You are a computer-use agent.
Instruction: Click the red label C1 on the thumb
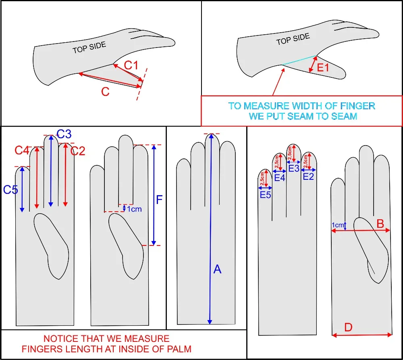click(x=131, y=65)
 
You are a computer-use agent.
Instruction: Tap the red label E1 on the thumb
click(x=323, y=68)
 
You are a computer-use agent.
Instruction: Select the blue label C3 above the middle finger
click(x=64, y=134)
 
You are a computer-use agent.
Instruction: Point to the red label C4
click(x=22, y=150)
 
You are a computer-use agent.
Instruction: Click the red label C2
click(x=78, y=151)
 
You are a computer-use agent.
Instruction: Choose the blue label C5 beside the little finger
click(x=11, y=189)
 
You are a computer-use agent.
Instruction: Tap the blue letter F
click(x=159, y=200)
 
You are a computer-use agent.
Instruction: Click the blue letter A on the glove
click(x=217, y=269)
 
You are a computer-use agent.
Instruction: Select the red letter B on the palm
click(x=380, y=223)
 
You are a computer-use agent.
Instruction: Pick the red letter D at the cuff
click(x=349, y=327)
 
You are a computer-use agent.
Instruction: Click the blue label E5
click(x=265, y=195)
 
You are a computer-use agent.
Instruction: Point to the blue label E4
click(x=280, y=177)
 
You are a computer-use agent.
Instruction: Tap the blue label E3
click(x=294, y=169)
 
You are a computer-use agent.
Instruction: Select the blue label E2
click(x=308, y=176)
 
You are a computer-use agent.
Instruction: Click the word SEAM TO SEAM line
click(x=302, y=116)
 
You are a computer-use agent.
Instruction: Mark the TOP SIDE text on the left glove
click(x=89, y=48)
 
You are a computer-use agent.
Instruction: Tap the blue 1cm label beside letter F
click(x=134, y=209)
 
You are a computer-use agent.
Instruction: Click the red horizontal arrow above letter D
click(x=361, y=334)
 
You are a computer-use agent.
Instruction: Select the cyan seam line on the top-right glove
click(x=299, y=60)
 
